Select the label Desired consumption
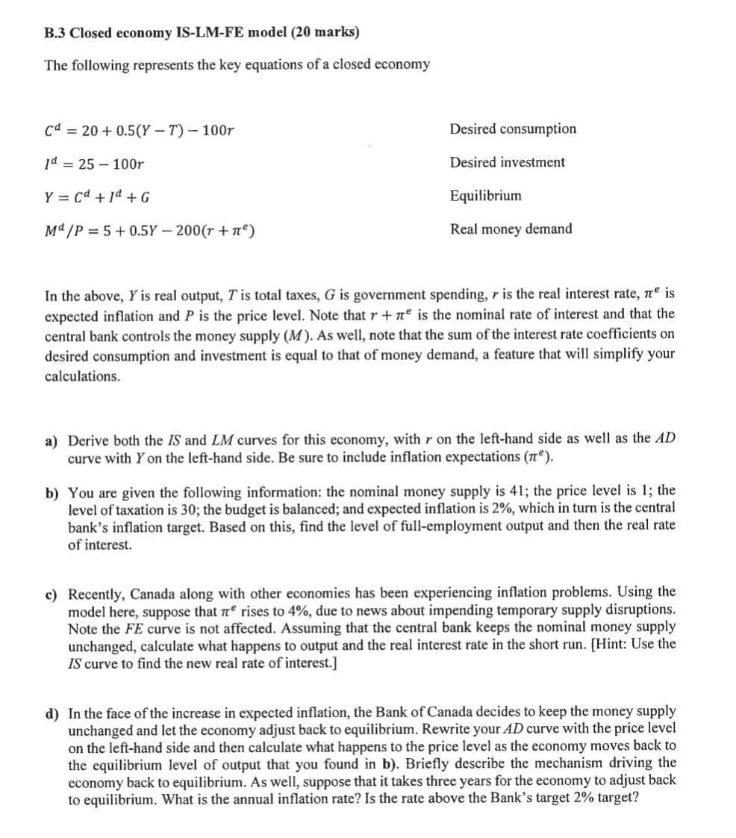click(x=513, y=129)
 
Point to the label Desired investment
click(x=507, y=162)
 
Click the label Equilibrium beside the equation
click(x=485, y=196)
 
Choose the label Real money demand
click(x=511, y=229)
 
